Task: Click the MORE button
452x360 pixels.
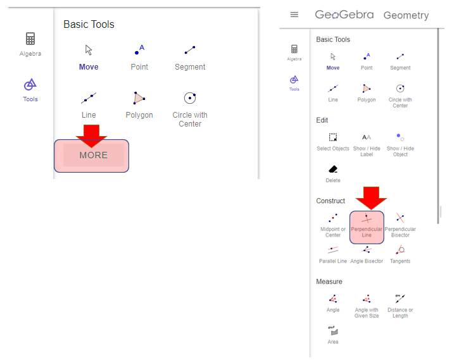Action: click(x=92, y=156)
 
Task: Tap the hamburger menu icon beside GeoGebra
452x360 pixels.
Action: click(x=294, y=15)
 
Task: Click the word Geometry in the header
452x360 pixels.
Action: click(x=406, y=15)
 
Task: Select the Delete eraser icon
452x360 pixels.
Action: click(x=333, y=169)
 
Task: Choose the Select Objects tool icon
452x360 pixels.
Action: click(x=333, y=137)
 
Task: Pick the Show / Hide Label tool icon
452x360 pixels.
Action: click(x=367, y=137)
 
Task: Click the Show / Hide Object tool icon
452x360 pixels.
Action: click(x=400, y=137)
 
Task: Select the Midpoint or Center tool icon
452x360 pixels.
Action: click(x=333, y=218)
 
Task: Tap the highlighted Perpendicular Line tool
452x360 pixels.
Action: click(x=367, y=228)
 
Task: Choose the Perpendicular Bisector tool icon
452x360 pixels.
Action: click(x=400, y=218)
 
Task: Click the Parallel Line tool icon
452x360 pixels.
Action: click(x=332, y=250)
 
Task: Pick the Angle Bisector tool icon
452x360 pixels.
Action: click(x=367, y=250)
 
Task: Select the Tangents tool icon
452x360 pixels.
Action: click(x=400, y=250)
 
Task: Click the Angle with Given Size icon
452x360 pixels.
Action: click(x=367, y=299)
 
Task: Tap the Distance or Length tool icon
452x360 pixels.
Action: click(x=400, y=299)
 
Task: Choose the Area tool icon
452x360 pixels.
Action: click(x=333, y=331)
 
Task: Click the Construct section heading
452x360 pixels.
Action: click(x=330, y=201)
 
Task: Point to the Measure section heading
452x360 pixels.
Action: click(x=329, y=282)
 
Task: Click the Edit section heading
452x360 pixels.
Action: click(x=322, y=120)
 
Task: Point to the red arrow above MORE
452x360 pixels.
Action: click(x=91, y=136)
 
